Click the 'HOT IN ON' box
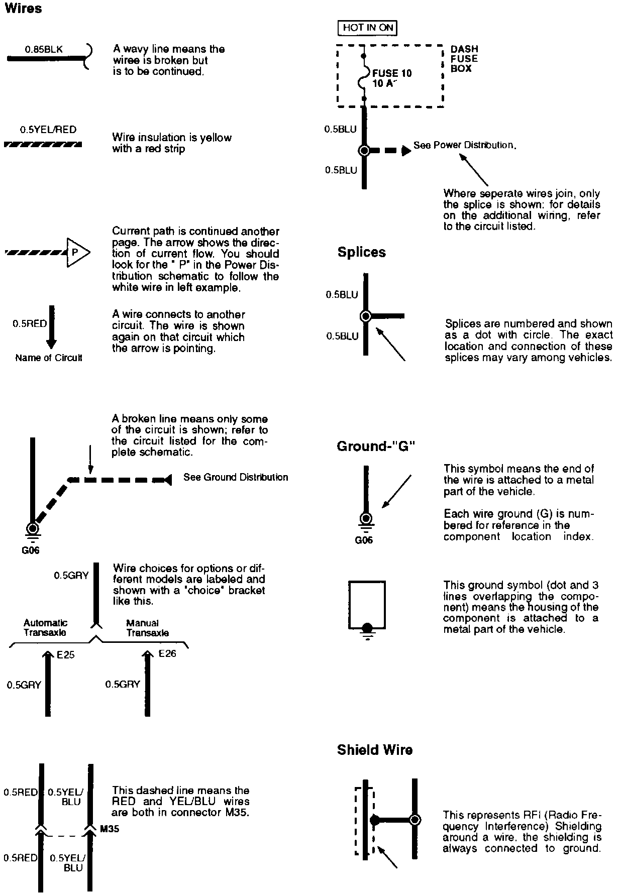pos(367,28)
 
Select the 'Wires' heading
pos(23,9)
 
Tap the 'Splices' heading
pos(361,252)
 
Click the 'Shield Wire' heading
pos(375,750)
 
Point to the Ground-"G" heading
pos(376,446)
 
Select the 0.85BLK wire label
pos(44,49)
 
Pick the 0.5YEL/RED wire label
pos(48,130)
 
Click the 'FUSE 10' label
pos(392,73)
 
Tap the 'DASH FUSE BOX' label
pos(464,59)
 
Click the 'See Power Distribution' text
pos(465,145)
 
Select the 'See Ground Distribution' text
pos(236,477)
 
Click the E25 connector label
pos(66,655)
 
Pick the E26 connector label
pos(167,653)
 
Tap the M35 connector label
pos(110,829)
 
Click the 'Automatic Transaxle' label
pos(45,628)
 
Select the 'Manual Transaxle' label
pos(147,628)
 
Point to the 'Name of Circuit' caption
pos(48,358)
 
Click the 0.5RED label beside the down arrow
pos(30,324)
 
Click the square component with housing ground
pos(367,605)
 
